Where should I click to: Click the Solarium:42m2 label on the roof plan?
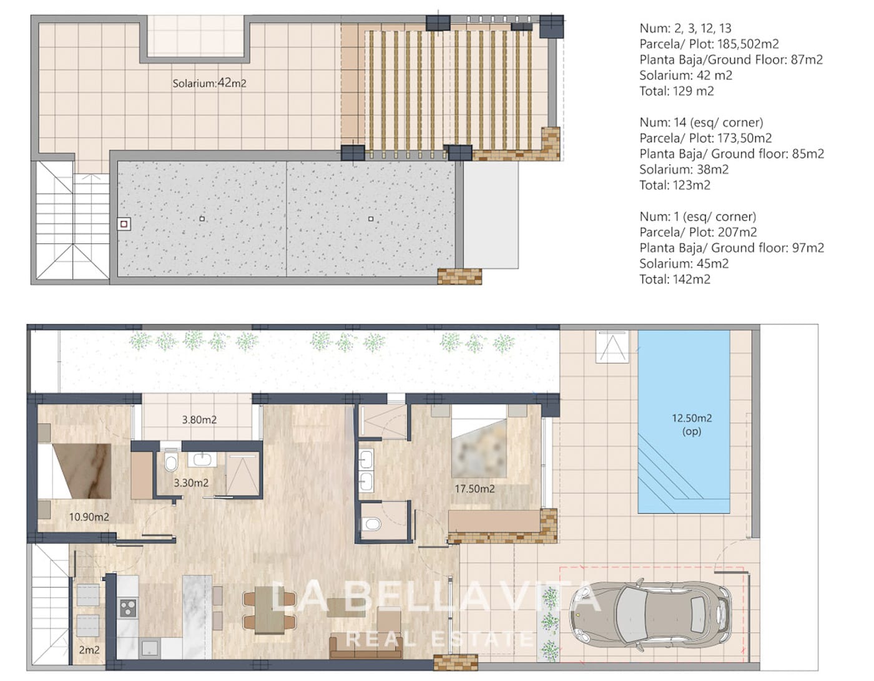coord(209,83)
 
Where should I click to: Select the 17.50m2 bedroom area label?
coord(474,489)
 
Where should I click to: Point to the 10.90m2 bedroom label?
coord(89,517)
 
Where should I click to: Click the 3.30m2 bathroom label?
coord(191,483)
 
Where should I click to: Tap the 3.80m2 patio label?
coord(199,419)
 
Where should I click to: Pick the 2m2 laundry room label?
coord(89,650)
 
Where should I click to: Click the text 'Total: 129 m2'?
coord(677,91)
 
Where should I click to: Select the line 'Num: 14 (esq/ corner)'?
coord(701,122)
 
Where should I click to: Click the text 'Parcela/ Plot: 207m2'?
coord(698,232)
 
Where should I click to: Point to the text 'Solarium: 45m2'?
coord(684,263)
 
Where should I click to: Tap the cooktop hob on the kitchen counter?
coord(129,607)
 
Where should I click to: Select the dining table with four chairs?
coord(270,610)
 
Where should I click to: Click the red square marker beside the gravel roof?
coord(124,224)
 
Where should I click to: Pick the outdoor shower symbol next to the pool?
coord(612,347)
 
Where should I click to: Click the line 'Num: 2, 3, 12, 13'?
coord(685,28)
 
